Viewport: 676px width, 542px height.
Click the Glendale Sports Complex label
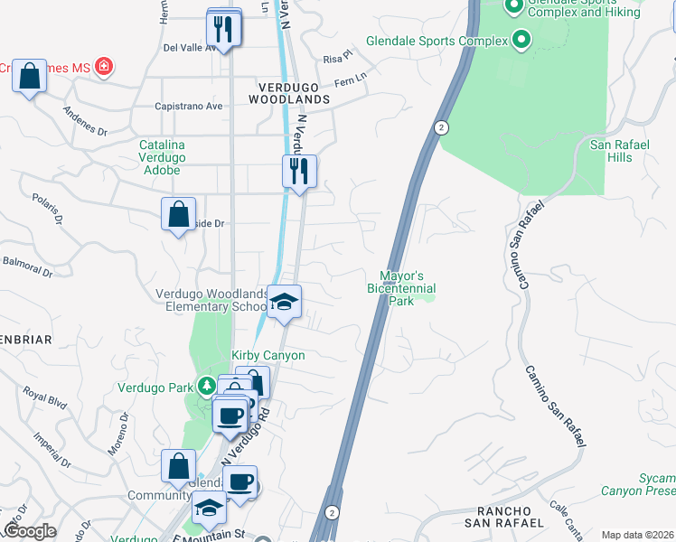click(437, 41)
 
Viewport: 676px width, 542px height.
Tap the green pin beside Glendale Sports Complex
click(521, 40)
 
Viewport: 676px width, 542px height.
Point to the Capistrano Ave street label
click(191, 106)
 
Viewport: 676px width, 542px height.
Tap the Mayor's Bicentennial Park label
click(401, 287)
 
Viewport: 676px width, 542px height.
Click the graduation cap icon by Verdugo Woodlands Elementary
click(284, 302)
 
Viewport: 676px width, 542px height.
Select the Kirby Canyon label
click(268, 355)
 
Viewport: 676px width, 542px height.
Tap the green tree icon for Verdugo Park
click(207, 387)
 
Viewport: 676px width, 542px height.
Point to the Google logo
click(30, 531)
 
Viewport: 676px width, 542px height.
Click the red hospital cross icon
click(104, 67)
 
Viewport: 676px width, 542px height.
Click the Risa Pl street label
click(336, 57)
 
